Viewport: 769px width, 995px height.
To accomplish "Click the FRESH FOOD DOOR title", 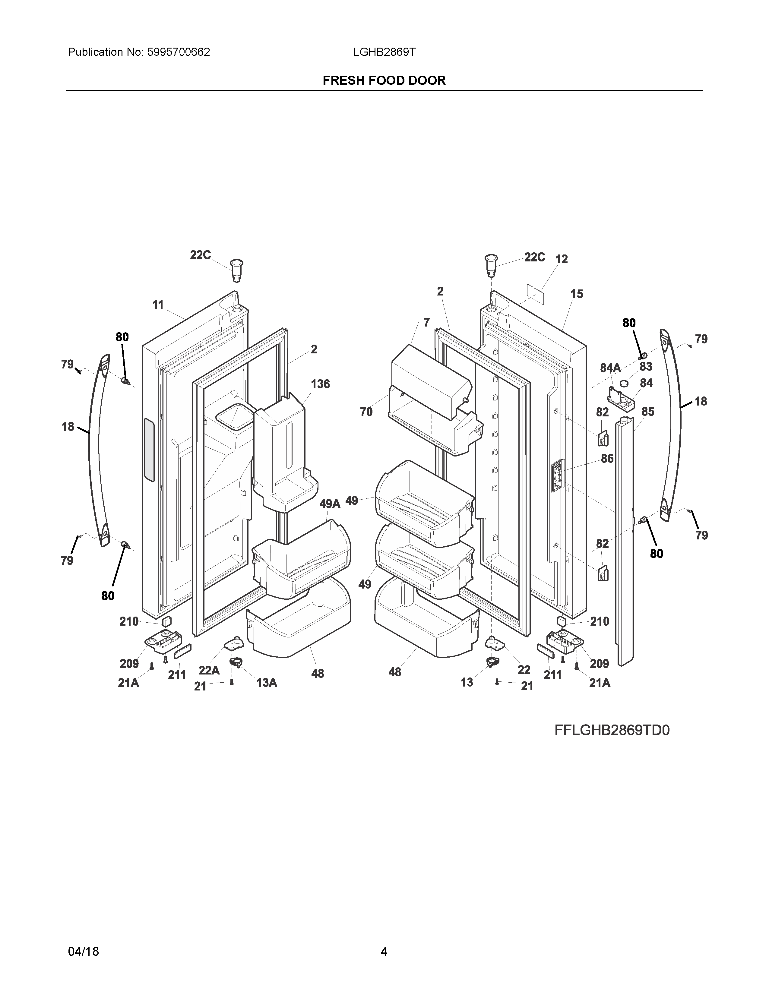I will tap(384, 81).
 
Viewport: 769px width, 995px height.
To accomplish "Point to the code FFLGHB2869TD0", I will tap(612, 730).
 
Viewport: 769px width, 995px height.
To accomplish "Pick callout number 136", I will tap(320, 384).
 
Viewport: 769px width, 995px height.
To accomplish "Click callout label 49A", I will tap(330, 504).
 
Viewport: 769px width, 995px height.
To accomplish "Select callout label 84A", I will tap(610, 368).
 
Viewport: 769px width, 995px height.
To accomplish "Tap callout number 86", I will tap(607, 458).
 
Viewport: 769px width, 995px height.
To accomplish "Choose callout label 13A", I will tap(267, 682).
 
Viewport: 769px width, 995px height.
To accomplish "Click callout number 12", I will tap(562, 259).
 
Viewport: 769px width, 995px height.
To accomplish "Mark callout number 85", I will tap(647, 412).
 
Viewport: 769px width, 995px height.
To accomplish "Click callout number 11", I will tap(158, 305).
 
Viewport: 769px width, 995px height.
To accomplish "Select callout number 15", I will tap(577, 294).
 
